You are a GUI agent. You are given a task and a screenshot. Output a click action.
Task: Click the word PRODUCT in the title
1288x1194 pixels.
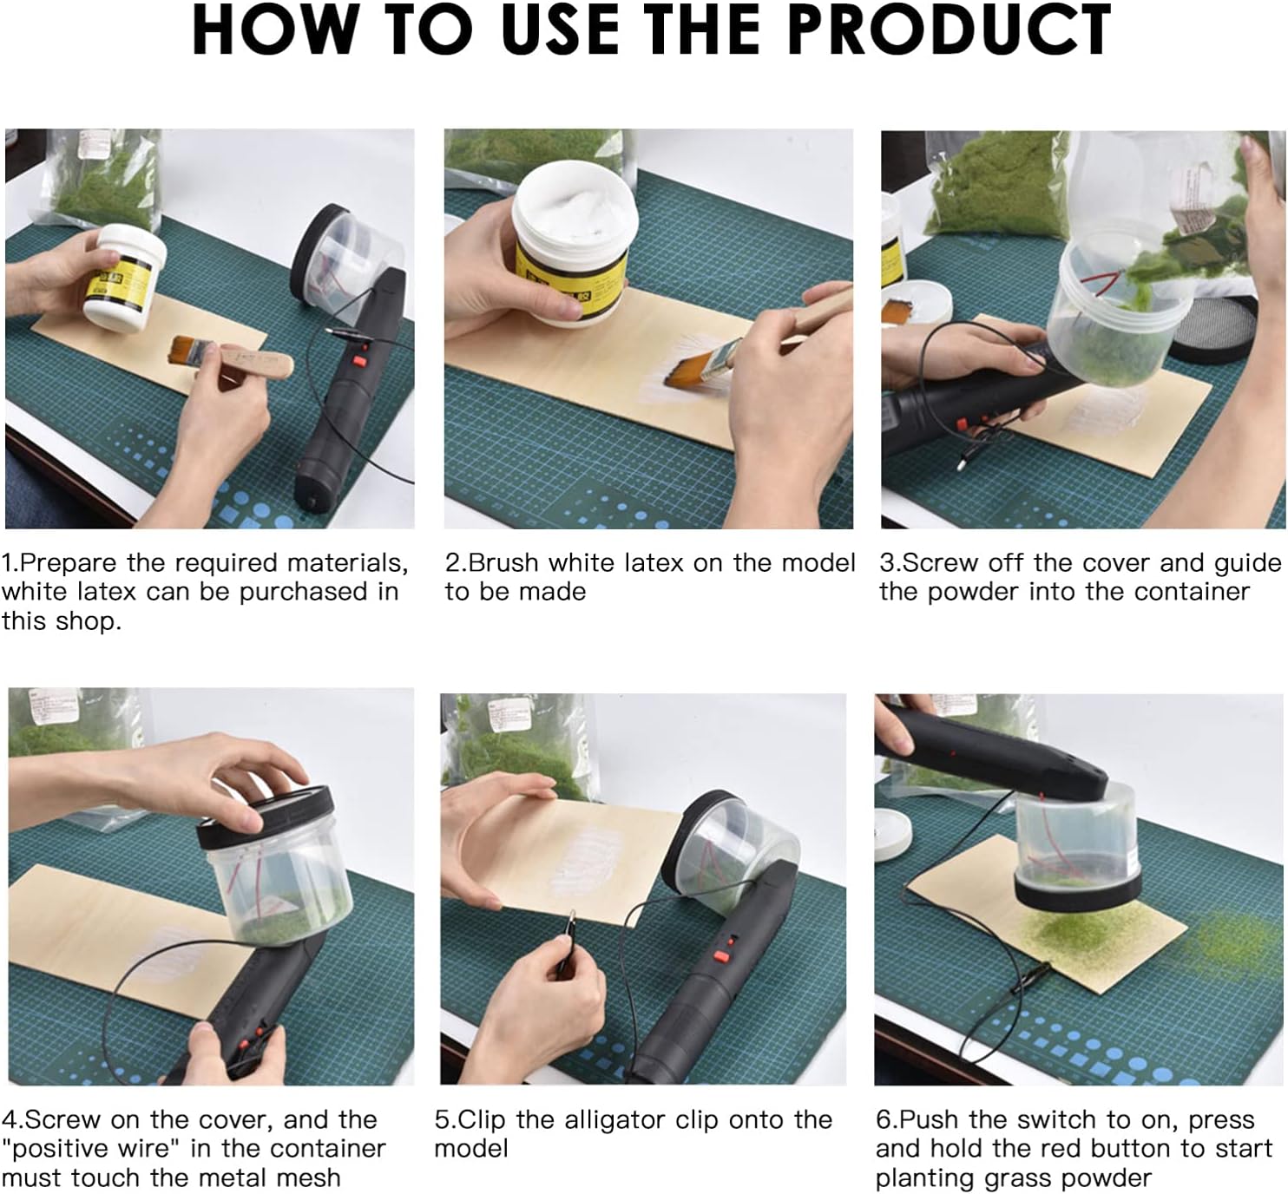click(x=952, y=30)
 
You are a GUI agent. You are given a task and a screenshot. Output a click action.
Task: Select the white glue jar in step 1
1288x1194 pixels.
click(x=124, y=277)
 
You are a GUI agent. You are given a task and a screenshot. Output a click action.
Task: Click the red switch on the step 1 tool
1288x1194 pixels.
click(x=358, y=361)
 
